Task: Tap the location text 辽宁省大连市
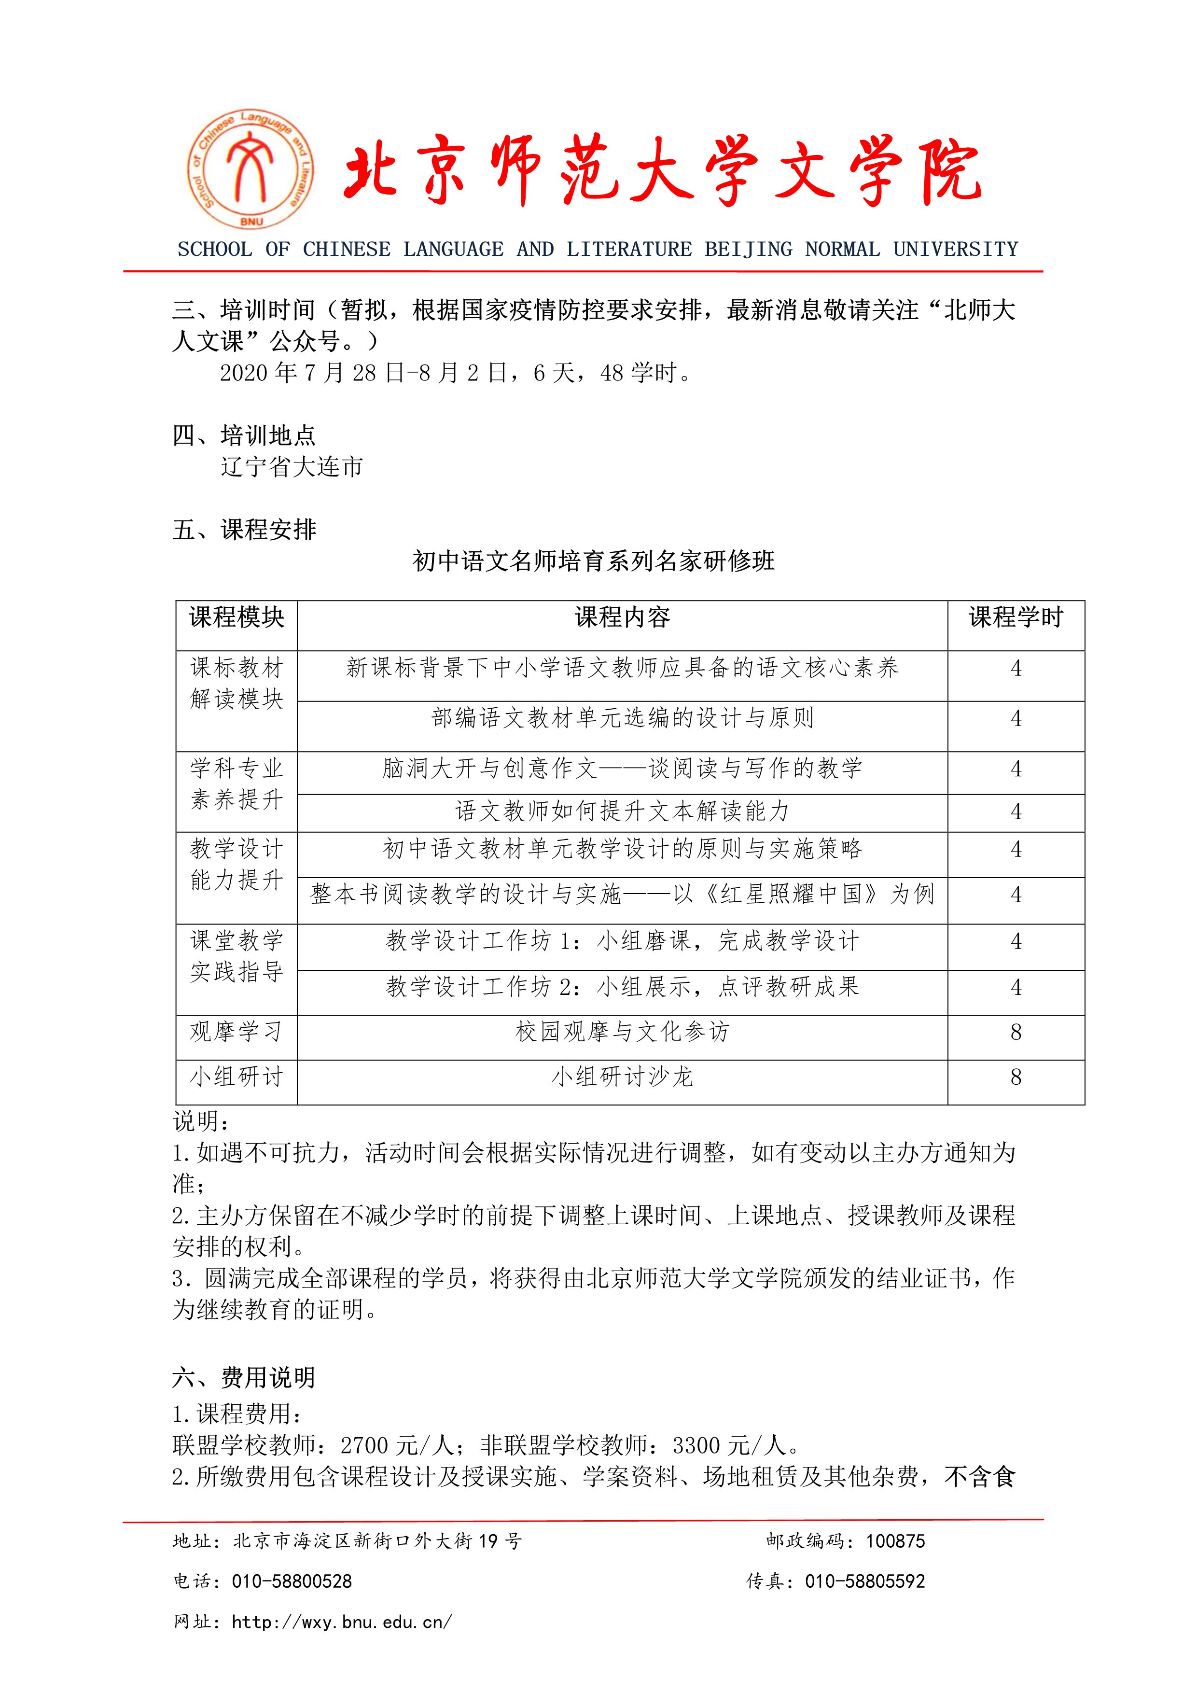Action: pos(292,467)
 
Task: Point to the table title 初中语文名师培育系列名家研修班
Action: pos(593,562)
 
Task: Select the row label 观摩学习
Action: pos(237,1032)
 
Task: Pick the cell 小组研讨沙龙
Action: pos(622,1077)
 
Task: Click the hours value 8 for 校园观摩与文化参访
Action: pos(1016,1032)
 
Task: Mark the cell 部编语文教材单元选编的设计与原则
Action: pos(622,718)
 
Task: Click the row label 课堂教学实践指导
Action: pos(237,956)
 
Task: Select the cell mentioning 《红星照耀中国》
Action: pos(622,895)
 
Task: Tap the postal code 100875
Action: pos(895,1541)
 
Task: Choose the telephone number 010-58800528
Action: pos(292,1581)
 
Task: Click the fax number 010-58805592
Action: pos(864,1581)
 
